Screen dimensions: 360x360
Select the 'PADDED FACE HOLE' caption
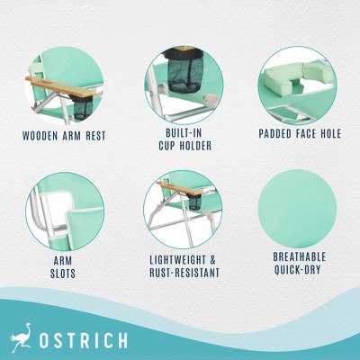coord(299,135)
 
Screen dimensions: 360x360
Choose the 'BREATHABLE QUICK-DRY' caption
coord(299,262)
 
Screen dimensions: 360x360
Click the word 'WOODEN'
coord(42,136)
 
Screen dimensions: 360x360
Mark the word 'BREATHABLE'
coord(299,256)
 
